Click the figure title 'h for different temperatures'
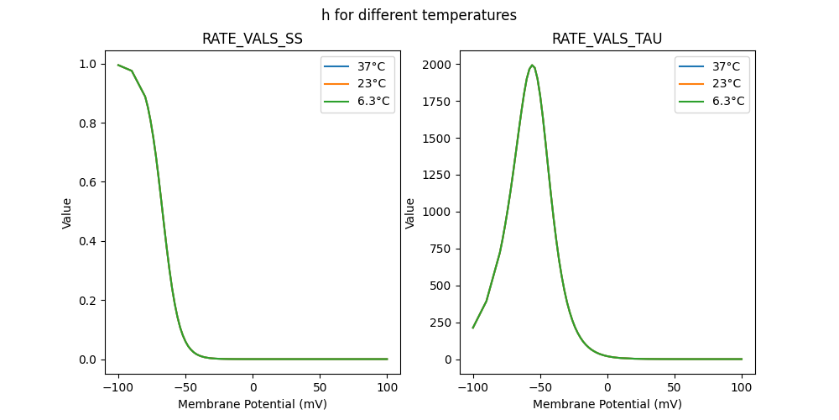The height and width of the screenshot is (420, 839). (419, 15)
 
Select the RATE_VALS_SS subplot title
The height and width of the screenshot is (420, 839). (253, 39)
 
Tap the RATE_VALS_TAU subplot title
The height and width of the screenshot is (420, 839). (607, 39)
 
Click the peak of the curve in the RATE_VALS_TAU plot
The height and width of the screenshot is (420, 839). (532, 65)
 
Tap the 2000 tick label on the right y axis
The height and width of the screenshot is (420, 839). (437, 65)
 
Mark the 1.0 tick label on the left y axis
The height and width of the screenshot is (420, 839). (87, 65)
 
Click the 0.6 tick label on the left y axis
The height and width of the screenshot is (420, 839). (87, 182)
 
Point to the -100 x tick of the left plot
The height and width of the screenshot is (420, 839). (117, 387)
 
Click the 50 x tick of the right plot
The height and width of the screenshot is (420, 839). (675, 387)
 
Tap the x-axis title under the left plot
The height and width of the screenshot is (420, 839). (253, 404)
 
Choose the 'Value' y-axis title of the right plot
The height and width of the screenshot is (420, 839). (410, 213)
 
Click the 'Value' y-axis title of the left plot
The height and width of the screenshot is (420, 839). (67, 213)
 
